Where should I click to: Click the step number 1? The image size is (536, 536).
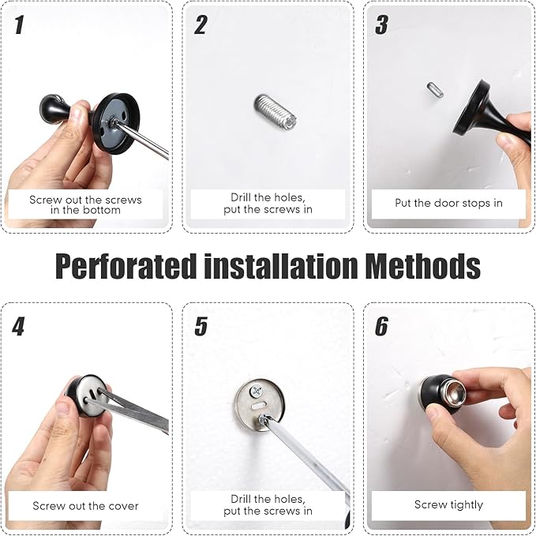[x=20, y=24]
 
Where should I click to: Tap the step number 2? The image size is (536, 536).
[x=201, y=24]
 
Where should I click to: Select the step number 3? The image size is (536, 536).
[x=381, y=24]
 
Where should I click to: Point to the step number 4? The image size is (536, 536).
[x=18, y=327]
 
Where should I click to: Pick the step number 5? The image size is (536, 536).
[x=201, y=327]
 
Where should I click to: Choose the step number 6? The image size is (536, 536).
[x=381, y=327]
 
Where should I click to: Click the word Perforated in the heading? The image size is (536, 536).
[x=126, y=266]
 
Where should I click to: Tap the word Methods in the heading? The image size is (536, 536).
[x=423, y=265]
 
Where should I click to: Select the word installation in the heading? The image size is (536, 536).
[x=281, y=265]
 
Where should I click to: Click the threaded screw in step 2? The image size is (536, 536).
[x=275, y=112]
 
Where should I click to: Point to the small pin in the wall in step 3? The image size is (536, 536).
[x=435, y=90]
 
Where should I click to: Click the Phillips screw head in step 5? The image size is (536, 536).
[x=256, y=391]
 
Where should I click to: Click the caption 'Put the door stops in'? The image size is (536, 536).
[x=448, y=203]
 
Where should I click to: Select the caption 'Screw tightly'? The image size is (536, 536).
[x=448, y=504]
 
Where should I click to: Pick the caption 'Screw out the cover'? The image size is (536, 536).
[x=85, y=505]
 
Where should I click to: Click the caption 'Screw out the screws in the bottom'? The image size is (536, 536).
[x=85, y=204]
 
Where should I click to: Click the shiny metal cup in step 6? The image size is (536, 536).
[x=454, y=389]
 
